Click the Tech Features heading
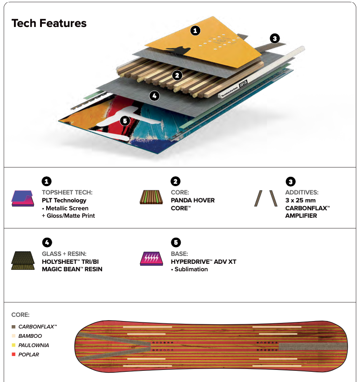49,23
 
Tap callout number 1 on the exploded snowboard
195,31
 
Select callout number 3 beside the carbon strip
275,38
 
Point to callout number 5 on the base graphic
125,121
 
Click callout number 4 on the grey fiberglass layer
155,96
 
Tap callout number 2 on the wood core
177,75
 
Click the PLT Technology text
64,200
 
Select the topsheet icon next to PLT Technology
22,198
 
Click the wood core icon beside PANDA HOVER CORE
151,197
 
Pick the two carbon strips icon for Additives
266,198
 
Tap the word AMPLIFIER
301,215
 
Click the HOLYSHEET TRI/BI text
70,261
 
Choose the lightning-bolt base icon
151,259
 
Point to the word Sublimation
191,269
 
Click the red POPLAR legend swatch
14,354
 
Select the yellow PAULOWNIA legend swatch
14,345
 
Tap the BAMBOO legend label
30,336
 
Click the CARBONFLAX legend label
38,327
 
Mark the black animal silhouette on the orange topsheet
179,50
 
